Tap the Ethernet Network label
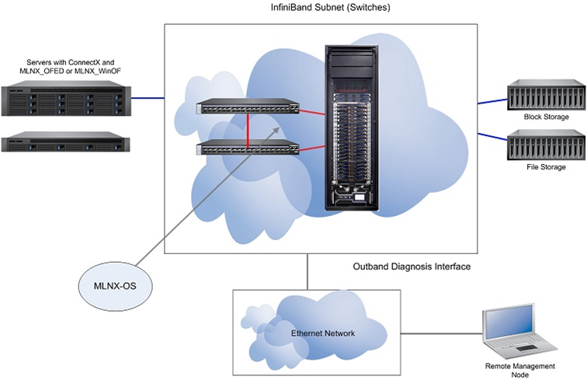(x=323, y=333)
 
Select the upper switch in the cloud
(x=248, y=108)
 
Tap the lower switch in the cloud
(x=248, y=148)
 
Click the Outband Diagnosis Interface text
(x=411, y=267)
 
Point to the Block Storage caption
(x=546, y=117)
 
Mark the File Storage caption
(x=546, y=167)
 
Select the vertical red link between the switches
(x=248, y=128)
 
